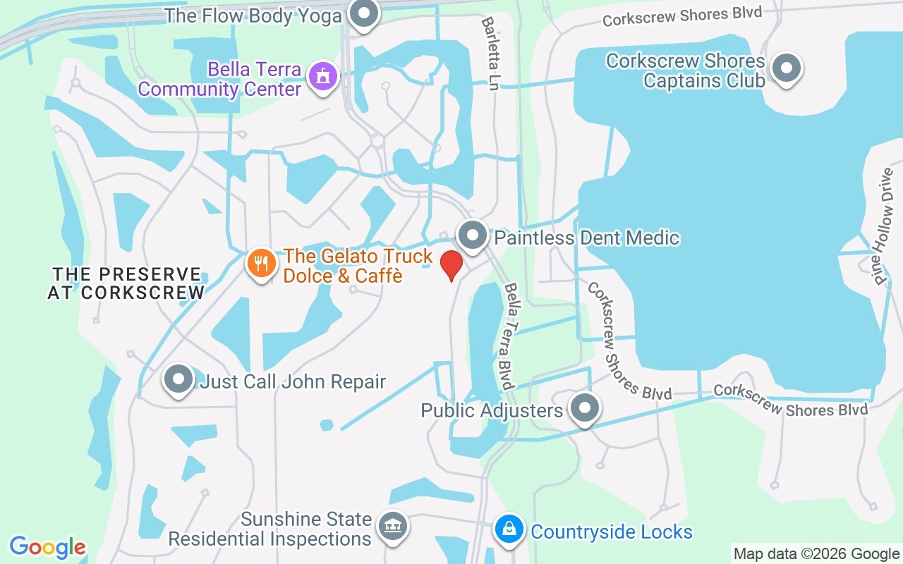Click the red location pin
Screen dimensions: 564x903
tap(451, 265)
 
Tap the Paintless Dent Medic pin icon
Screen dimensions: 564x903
tap(473, 235)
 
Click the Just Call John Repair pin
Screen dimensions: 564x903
tap(178, 379)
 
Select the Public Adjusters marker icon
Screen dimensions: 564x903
tap(584, 408)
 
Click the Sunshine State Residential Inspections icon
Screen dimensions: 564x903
tap(392, 526)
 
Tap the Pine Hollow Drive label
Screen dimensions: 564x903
tap(885, 226)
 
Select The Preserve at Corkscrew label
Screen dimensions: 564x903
tap(127, 283)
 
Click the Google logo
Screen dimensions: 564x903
tap(48, 547)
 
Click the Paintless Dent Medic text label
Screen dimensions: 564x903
tap(586, 238)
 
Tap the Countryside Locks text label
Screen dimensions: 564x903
tap(612, 532)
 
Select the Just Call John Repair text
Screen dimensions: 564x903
tap(293, 382)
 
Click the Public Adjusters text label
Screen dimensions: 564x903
tap(492, 410)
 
